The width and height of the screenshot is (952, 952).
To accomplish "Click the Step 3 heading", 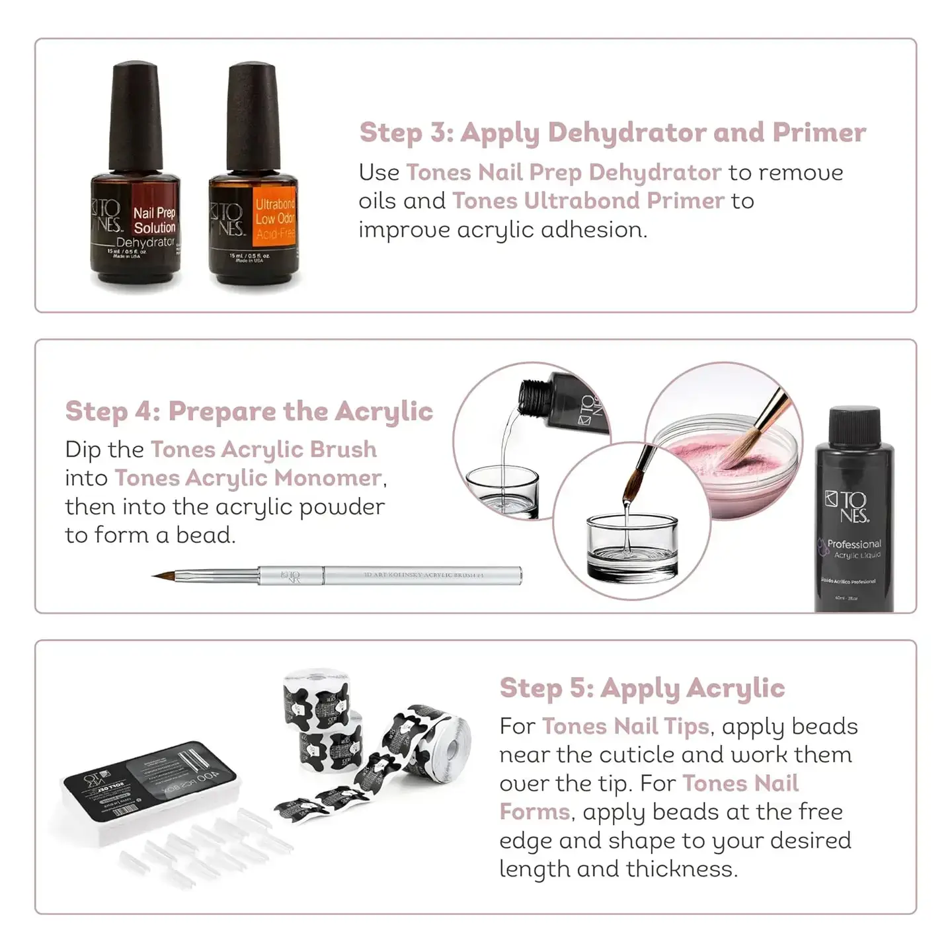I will (612, 132).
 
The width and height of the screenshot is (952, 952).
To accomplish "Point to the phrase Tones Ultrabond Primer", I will (588, 201).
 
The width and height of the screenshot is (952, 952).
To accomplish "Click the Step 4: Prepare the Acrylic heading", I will (249, 411).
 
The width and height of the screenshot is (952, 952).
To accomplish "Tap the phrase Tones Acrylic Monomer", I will (248, 478).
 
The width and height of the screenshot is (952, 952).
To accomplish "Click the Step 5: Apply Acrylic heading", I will (642, 688).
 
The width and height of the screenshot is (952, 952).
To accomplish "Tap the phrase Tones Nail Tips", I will (625, 727).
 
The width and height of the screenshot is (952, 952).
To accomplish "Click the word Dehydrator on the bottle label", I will (145, 243).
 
